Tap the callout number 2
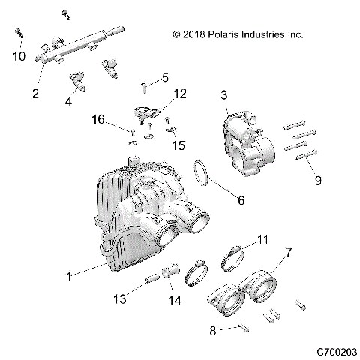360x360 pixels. (x=35, y=94)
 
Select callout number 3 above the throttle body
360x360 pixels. (x=224, y=95)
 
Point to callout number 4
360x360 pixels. (x=69, y=100)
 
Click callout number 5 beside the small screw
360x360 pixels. (x=166, y=76)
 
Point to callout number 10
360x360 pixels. (x=19, y=57)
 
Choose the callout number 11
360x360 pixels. (x=262, y=239)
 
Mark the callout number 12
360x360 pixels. (x=180, y=94)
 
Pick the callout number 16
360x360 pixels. (x=97, y=119)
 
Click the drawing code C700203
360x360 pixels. (x=336, y=351)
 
